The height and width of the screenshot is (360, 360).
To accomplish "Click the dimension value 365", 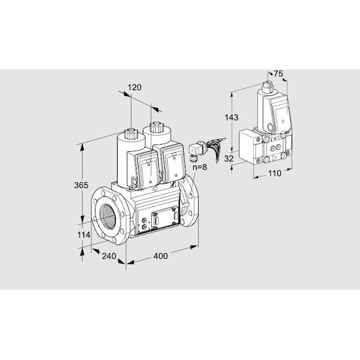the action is (81, 185).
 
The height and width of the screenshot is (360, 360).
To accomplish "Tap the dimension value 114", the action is (83, 235).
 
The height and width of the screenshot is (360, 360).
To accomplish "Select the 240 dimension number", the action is (109, 256).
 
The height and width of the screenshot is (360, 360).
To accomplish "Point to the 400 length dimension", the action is (160, 256).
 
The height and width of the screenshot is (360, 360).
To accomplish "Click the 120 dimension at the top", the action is (134, 88).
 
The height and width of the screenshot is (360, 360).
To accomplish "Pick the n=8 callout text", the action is (200, 167).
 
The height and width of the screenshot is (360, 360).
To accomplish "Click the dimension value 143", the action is (232, 118).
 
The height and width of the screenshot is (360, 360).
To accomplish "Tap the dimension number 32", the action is (229, 158).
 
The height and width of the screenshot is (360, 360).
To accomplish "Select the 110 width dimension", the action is (275, 173).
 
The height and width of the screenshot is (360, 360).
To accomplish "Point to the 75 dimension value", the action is (278, 74).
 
